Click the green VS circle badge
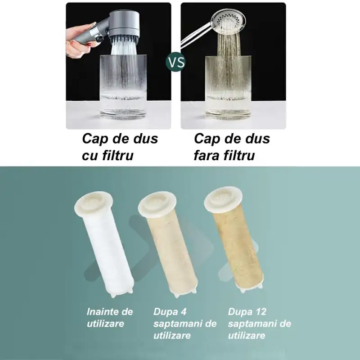click(175, 62)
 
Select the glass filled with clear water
click(121, 90)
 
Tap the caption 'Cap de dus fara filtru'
click(232, 147)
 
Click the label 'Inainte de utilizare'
click(110, 317)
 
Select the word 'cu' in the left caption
click(89, 156)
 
